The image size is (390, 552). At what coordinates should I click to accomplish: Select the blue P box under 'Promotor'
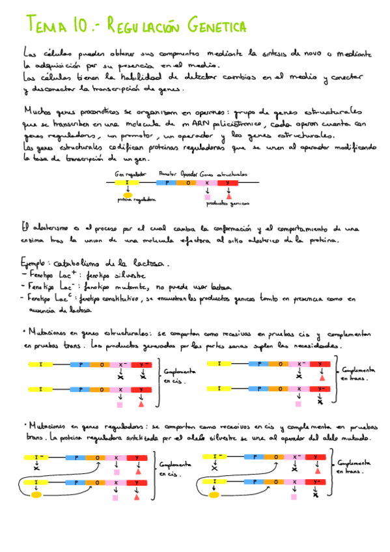167,184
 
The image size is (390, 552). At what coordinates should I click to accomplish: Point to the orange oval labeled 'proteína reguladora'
128,195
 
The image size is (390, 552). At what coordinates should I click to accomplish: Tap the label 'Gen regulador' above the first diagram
130,174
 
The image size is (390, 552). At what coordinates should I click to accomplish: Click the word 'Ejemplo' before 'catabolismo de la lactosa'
36,264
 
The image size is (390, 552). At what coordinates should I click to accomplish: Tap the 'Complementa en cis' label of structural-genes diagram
179,376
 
